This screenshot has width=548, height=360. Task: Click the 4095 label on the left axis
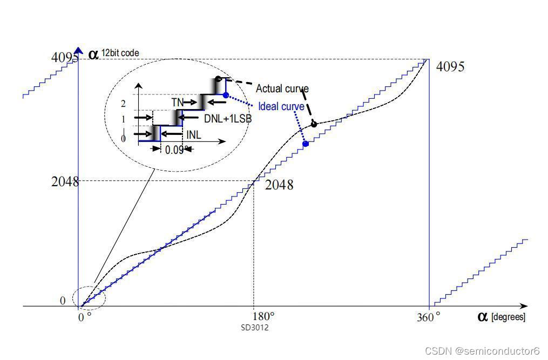pos(65,57)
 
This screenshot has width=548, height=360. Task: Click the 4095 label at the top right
pos(450,67)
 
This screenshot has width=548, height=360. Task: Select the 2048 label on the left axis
pos(65,182)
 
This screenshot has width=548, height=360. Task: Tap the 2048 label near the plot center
pos(279,185)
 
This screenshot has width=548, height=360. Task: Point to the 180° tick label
pos(265,316)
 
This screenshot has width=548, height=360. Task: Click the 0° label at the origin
pos(84,317)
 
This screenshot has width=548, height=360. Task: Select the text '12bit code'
pos(120,53)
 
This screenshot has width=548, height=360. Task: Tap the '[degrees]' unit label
pos(508,317)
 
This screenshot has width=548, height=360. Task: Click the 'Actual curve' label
pos(282,89)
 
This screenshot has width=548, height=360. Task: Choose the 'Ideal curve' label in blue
pos(281,106)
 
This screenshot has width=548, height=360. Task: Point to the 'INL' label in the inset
pos(194,135)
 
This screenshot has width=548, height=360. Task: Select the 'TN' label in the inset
pos(178,101)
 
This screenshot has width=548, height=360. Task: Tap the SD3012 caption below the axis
pos(255,328)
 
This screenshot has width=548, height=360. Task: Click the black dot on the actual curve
pos(314,124)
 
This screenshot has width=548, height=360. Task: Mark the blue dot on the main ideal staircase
pos(306,144)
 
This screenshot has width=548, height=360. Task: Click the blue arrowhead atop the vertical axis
pos(79,51)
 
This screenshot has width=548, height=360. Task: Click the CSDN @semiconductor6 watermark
pos(482,351)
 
